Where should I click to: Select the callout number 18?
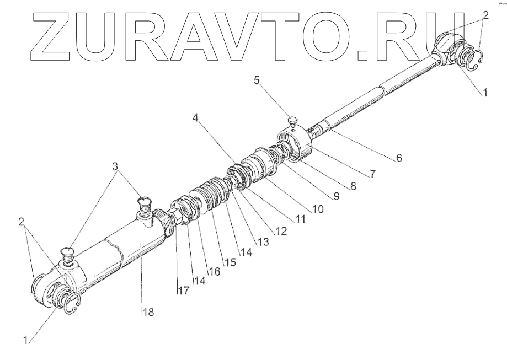coord(147,312)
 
